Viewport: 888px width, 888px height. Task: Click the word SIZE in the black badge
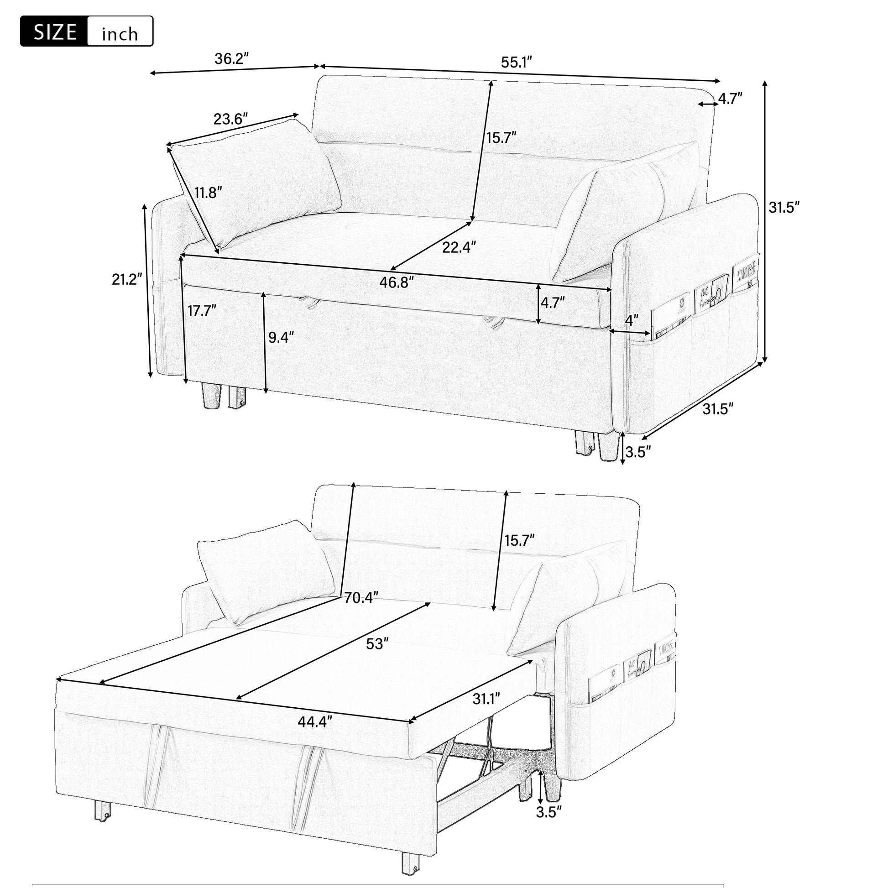(x=55, y=32)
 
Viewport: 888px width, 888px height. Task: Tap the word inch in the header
(x=120, y=34)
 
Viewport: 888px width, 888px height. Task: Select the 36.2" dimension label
(x=232, y=59)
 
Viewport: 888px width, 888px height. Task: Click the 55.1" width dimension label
(x=516, y=63)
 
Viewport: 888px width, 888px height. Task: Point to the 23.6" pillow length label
(x=231, y=120)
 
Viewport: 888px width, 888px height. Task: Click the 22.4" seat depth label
(x=459, y=247)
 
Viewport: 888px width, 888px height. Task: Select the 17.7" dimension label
(x=201, y=311)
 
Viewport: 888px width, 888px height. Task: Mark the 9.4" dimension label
(x=280, y=337)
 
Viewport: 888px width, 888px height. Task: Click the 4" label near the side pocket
(x=632, y=319)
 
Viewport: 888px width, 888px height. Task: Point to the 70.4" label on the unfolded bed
(x=361, y=597)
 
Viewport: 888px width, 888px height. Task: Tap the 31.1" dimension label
(x=486, y=699)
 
